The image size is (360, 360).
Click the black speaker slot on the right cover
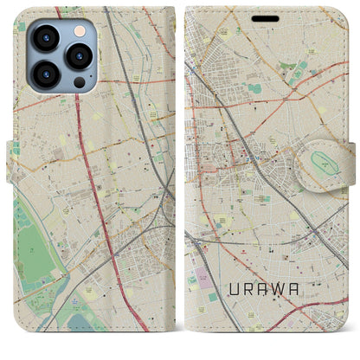pyautogui.click(x=266, y=19)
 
